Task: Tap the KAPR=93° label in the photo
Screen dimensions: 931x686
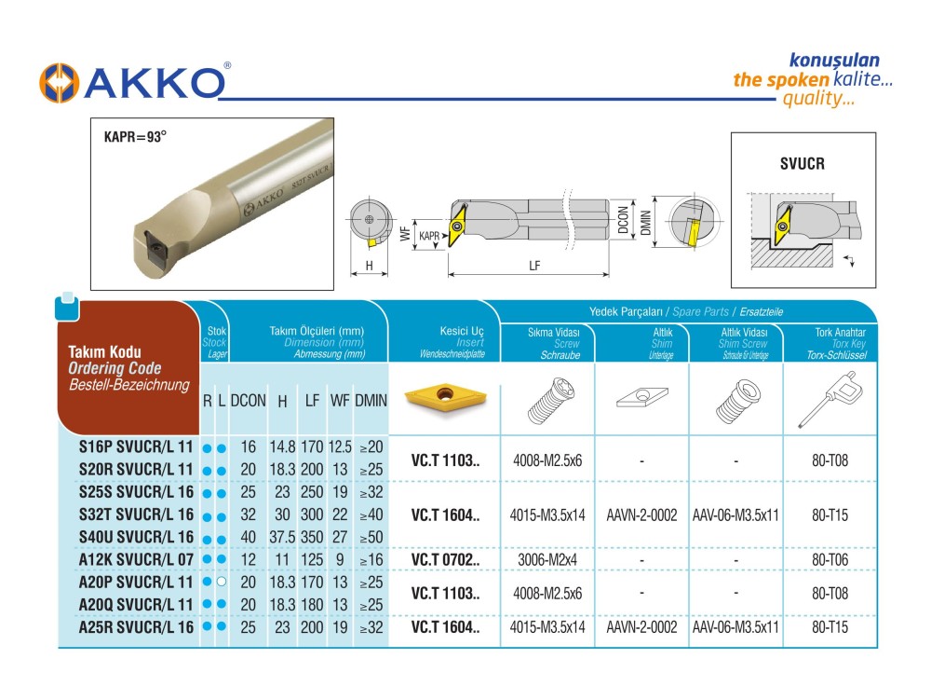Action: point(135,137)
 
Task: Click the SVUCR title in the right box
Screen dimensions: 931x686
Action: point(803,163)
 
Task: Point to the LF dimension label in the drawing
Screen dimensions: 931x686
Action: point(534,266)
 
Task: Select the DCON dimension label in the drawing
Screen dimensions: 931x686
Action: point(624,220)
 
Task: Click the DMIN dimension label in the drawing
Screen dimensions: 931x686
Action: point(646,223)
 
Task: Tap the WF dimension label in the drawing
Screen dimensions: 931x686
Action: point(405,233)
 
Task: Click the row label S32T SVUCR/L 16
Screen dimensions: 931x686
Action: point(136,514)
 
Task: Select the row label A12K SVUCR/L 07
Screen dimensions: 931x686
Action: point(136,559)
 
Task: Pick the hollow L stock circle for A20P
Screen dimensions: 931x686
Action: point(222,582)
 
